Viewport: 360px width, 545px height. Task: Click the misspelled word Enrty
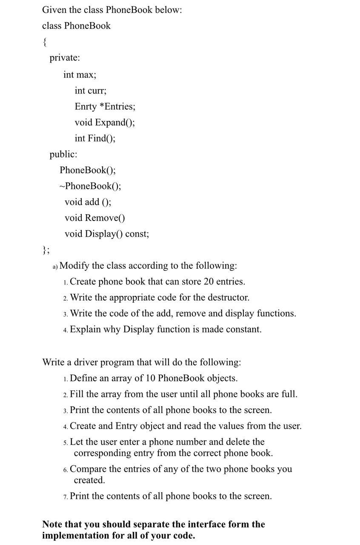coord(86,106)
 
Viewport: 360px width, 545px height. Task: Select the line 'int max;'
coord(80,75)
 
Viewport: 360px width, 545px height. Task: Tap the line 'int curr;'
coord(91,91)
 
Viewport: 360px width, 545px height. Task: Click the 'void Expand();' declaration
coord(105,123)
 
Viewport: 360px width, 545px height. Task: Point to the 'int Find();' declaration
coord(95,138)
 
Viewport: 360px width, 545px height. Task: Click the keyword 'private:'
coord(65,58)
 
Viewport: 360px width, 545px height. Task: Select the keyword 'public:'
coord(63,154)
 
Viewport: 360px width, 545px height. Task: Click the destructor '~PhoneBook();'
coord(90,186)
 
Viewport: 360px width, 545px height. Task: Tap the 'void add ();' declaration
coord(88,202)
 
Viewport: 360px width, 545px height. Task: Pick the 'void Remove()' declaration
coord(95,218)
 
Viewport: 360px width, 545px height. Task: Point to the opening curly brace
coord(45,42)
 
